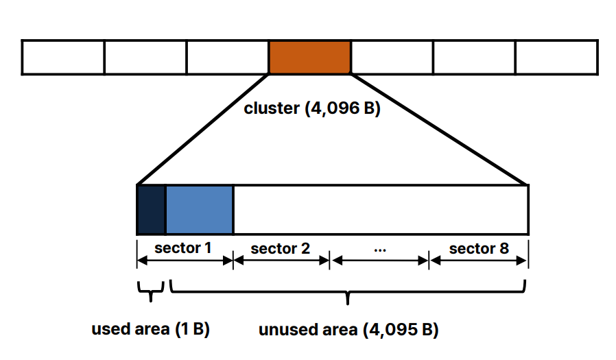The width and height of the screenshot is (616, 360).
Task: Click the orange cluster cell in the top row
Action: point(309,57)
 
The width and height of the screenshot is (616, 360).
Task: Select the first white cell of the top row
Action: point(63,57)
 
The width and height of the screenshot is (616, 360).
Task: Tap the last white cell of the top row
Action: point(556,57)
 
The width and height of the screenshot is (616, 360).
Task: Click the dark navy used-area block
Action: point(152,209)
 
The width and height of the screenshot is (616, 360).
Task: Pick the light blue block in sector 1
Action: point(199,209)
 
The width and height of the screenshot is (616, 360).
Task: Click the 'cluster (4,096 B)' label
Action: point(312,108)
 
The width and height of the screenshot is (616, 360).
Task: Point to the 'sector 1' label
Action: point(182,248)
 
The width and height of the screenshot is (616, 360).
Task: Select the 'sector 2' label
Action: point(280,248)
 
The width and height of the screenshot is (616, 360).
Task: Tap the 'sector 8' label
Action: point(479,248)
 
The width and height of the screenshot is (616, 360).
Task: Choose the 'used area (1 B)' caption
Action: point(150,329)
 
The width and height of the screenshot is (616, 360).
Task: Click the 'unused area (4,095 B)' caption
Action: point(348,330)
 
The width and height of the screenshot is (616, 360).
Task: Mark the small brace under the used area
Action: point(151,291)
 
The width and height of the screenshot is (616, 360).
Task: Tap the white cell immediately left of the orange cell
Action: point(228,57)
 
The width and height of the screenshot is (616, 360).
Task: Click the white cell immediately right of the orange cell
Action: point(392,57)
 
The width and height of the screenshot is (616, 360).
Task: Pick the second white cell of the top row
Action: point(145,57)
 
